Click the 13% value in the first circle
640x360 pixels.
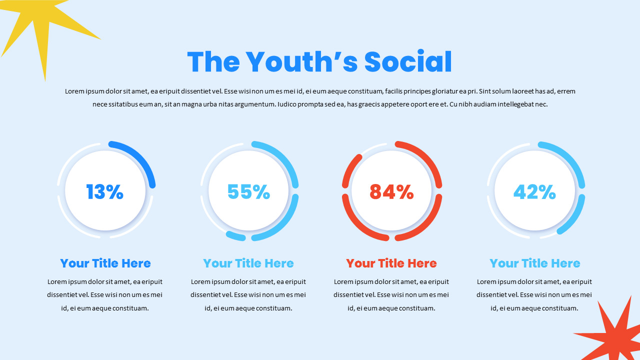coord(104,192)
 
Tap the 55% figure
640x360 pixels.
coord(248,192)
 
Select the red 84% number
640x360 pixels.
coord(391,192)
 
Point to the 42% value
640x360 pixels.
coord(534,192)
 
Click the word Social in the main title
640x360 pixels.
coord(408,62)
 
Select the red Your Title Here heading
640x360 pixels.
coord(391,263)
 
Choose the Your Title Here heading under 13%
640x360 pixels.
coord(105,263)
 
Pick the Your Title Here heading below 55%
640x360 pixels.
coord(248,263)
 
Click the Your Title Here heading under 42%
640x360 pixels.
coord(535,263)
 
